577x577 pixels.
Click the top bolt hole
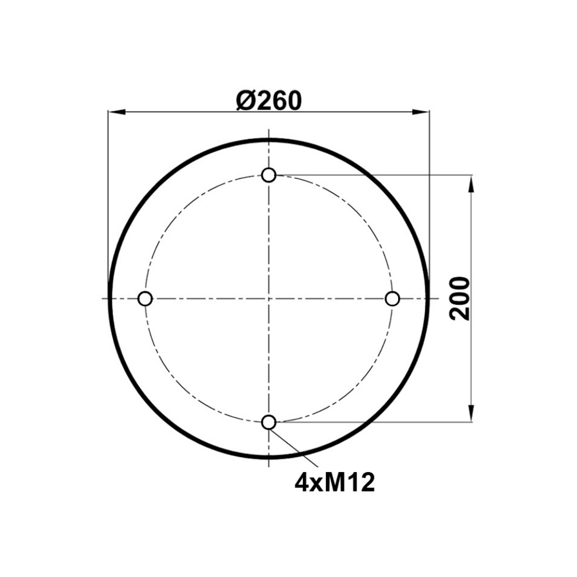269,175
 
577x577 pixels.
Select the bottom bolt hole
269,422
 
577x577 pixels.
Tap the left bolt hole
145,298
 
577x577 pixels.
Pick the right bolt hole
392,298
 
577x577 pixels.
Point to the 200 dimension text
460,298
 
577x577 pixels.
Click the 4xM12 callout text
335,483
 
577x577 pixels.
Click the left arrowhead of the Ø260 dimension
117,113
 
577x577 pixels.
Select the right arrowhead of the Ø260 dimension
421,113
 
